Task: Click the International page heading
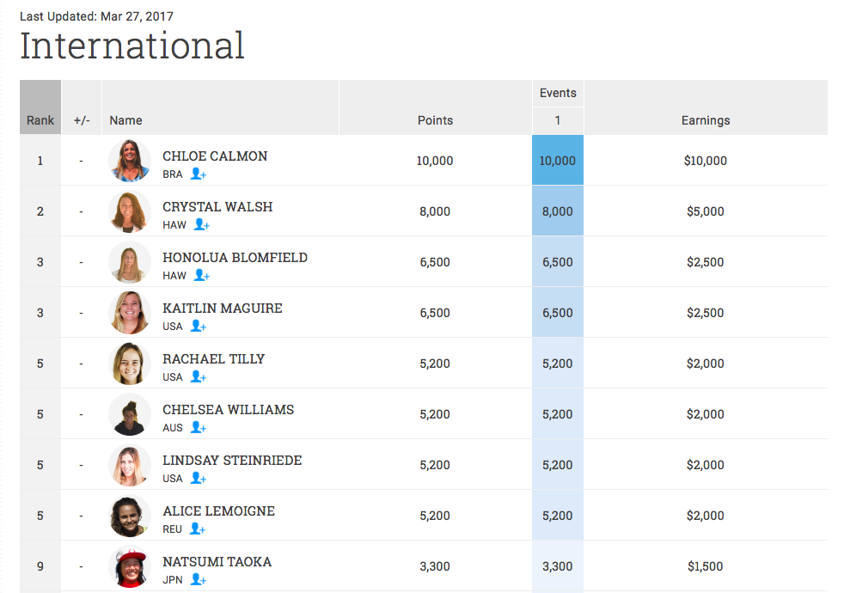click(x=132, y=46)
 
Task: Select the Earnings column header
click(x=705, y=120)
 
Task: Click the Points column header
click(x=435, y=120)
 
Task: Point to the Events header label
click(x=558, y=93)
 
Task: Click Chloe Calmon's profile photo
click(x=130, y=161)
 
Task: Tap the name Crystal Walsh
click(x=217, y=206)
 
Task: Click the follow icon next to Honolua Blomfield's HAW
click(x=202, y=275)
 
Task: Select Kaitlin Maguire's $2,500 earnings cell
click(x=705, y=313)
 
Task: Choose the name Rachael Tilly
click(x=213, y=358)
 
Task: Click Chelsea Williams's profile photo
click(x=130, y=414)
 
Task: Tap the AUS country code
click(x=173, y=427)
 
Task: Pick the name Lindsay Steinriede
click(x=232, y=460)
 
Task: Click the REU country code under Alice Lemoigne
click(x=173, y=529)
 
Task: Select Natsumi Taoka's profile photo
click(x=130, y=566)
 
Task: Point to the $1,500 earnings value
click(x=705, y=566)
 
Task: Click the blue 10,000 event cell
click(x=558, y=161)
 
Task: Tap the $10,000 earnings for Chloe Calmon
click(x=705, y=161)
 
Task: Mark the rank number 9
click(x=40, y=566)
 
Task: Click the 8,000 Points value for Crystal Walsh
click(x=435, y=211)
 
